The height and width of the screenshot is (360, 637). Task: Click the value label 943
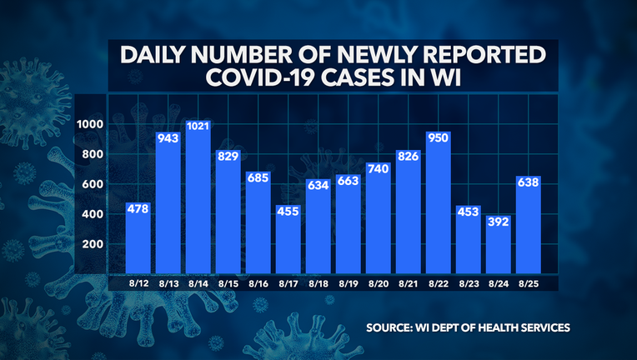click(x=168, y=139)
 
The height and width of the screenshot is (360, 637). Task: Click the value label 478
click(x=138, y=209)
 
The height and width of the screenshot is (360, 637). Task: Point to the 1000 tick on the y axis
click(x=89, y=124)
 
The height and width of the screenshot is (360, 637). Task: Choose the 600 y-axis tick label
click(x=92, y=184)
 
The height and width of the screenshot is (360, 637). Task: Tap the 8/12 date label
click(x=138, y=284)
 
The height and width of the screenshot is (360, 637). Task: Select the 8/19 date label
click(x=349, y=284)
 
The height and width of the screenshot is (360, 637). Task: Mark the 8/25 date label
click(x=529, y=284)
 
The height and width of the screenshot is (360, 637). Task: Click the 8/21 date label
click(x=409, y=284)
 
